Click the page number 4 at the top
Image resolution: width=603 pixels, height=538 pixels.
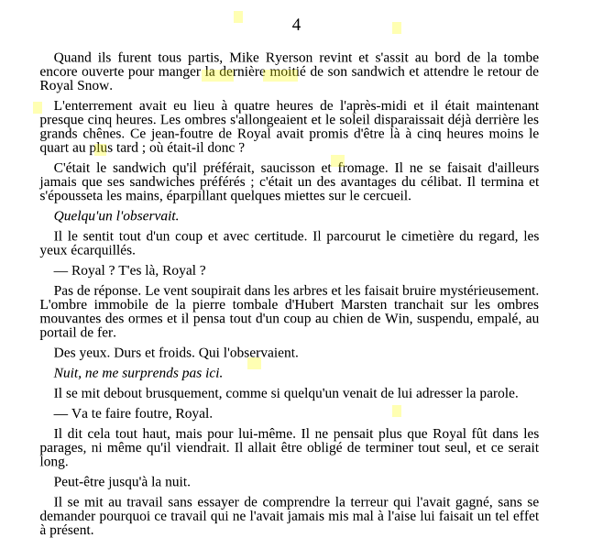[296, 25]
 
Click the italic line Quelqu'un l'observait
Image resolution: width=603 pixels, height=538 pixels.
[116, 216]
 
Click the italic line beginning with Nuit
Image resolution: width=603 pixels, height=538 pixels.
[138, 373]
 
